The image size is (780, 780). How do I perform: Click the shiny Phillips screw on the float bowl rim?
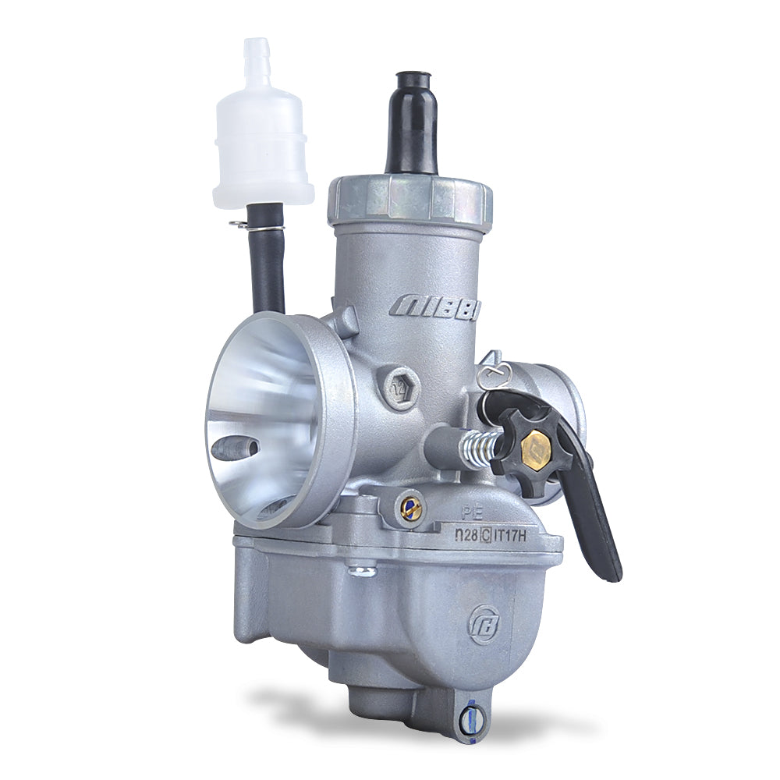(361, 572)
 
